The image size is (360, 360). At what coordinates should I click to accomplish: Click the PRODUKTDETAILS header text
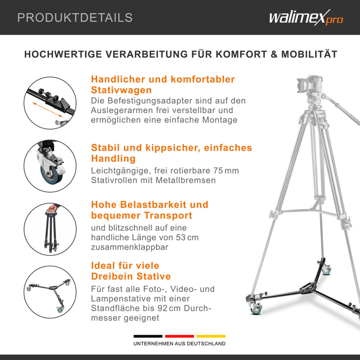(75, 17)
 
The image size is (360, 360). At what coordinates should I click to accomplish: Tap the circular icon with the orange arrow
(50, 102)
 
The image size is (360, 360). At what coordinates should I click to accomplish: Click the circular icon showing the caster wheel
(50, 165)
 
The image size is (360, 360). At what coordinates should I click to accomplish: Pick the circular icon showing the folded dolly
(50, 228)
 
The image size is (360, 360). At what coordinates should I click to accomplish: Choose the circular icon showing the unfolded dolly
(50, 292)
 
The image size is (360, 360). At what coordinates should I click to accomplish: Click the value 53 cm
(186, 237)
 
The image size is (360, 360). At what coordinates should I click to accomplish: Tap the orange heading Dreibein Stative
(131, 276)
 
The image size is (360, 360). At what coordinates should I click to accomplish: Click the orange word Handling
(113, 159)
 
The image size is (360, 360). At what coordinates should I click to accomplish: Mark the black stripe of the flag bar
(148, 336)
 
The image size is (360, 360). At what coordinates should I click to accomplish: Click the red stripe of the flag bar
(179, 336)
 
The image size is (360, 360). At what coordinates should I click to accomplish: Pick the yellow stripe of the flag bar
(211, 336)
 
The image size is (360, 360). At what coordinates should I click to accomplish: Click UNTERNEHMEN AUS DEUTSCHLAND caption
(179, 344)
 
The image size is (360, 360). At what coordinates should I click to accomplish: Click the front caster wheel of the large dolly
(255, 309)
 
